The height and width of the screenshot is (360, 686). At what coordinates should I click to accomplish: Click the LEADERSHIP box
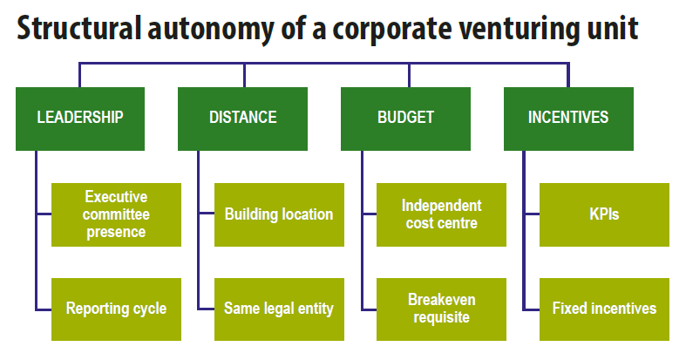tap(80, 118)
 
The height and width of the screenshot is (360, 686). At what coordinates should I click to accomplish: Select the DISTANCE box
tap(243, 118)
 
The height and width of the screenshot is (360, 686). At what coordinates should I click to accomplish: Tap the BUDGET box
tap(405, 118)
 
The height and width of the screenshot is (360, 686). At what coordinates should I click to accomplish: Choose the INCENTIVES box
tap(568, 118)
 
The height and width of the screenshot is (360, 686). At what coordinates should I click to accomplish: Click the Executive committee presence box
tap(116, 214)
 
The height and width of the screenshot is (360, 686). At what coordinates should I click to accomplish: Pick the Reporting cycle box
tap(116, 309)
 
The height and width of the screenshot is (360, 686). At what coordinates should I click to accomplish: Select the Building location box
tap(279, 214)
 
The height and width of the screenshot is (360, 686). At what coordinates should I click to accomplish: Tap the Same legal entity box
tap(279, 309)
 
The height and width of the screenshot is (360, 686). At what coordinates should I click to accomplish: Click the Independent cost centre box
tap(441, 214)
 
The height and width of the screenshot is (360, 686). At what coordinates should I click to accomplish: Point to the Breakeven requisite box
tap(441, 309)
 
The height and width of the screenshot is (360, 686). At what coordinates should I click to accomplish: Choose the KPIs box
tap(604, 214)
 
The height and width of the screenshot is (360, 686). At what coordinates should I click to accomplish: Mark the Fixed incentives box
tap(604, 309)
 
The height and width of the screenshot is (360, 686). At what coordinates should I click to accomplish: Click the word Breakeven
tap(442, 300)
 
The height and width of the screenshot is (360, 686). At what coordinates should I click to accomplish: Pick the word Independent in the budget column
tap(441, 206)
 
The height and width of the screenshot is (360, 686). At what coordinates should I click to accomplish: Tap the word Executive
tap(116, 197)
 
